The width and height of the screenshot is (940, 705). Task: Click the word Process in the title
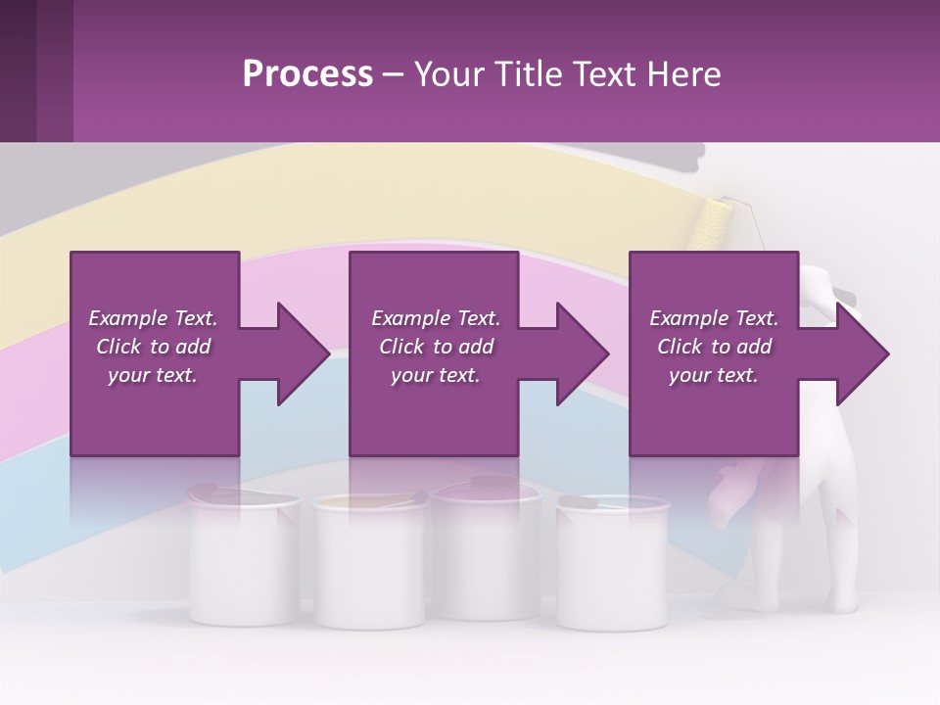(307, 74)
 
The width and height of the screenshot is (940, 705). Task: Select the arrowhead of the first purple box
(302, 353)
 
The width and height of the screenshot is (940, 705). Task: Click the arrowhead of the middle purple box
(582, 353)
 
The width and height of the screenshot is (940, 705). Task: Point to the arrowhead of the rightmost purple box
(862, 353)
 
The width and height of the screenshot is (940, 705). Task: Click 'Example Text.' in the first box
(153, 318)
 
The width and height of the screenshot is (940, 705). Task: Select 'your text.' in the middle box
(435, 375)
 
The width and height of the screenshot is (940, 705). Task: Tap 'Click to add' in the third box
(714, 347)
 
